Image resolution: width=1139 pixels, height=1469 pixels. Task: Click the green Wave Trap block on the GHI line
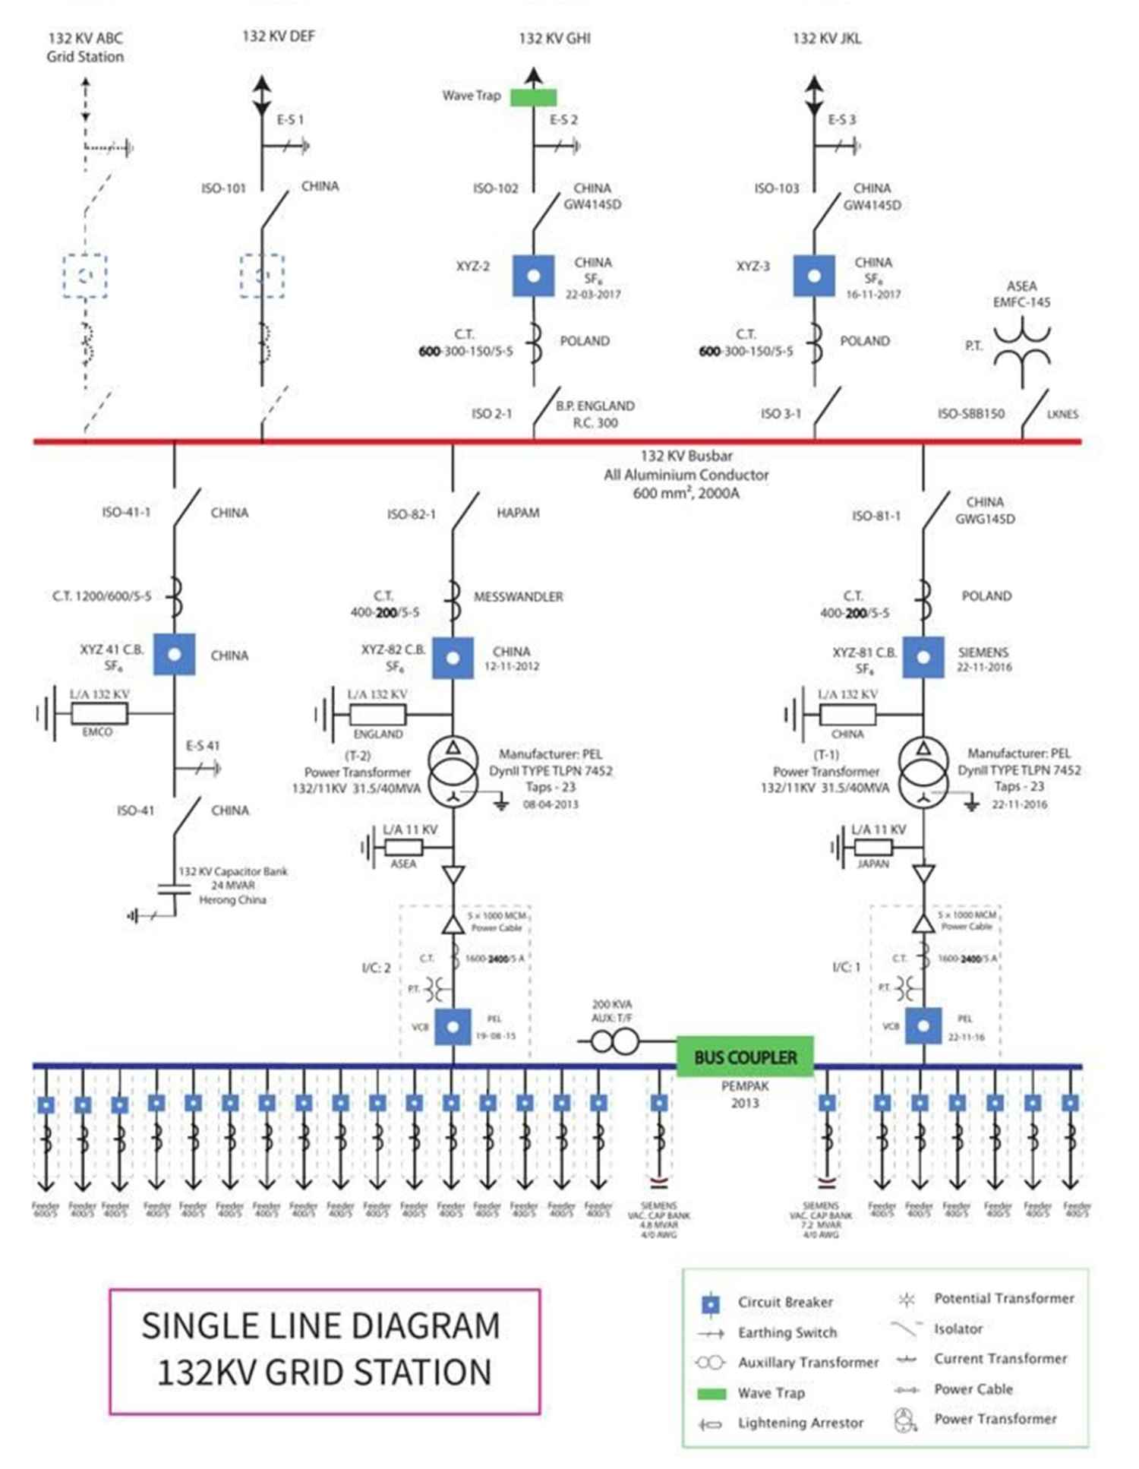(x=533, y=97)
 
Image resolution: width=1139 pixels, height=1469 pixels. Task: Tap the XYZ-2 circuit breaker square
(x=533, y=275)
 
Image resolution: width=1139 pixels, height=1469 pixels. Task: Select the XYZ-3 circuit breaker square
(x=814, y=275)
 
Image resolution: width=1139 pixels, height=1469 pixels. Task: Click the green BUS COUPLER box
(x=745, y=1057)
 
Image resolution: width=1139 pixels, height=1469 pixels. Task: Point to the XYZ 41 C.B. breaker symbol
(x=174, y=654)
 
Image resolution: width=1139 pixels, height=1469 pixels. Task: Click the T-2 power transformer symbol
(x=453, y=770)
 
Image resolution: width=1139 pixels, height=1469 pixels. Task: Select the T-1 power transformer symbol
(x=923, y=770)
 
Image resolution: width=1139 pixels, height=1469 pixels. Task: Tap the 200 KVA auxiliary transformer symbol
(x=614, y=1041)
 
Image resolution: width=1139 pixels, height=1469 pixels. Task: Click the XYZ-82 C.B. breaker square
(x=453, y=657)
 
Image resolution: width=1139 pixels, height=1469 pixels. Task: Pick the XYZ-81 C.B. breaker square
(x=923, y=657)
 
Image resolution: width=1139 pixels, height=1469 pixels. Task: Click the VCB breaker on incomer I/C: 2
(x=453, y=1026)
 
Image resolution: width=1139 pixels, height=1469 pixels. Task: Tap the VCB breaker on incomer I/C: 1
(x=923, y=1026)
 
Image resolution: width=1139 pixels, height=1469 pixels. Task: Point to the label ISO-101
(x=223, y=188)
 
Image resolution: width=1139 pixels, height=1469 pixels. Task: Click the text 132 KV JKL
(x=827, y=39)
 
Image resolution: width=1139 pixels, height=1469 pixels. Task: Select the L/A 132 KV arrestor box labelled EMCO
(x=99, y=713)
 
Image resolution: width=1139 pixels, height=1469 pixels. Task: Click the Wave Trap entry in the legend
(x=771, y=1393)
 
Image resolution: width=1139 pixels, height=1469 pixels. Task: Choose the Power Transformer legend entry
(x=995, y=1419)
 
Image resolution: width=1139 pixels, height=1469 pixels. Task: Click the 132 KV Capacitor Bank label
(x=232, y=871)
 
